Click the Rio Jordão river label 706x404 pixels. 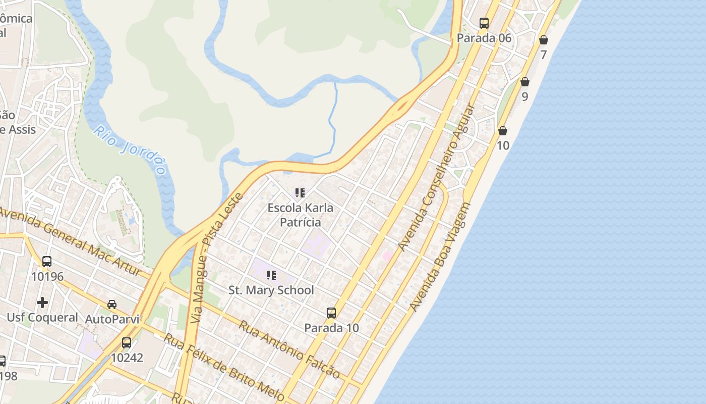[130, 150]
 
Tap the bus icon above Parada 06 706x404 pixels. [484, 23]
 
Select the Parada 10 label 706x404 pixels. [331, 328]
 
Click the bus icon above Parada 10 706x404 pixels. [331, 313]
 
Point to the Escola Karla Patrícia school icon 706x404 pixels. [300, 193]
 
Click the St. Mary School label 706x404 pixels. [271, 290]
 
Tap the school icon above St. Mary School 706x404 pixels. [271, 275]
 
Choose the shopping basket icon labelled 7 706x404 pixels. [543, 40]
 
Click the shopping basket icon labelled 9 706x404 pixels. [525, 82]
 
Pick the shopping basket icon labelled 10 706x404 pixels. [503, 131]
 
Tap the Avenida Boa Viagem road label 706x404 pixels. [440, 257]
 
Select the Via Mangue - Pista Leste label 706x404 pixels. [217, 258]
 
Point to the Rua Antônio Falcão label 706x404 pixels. [289, 349]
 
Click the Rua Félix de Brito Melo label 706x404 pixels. [224, 368]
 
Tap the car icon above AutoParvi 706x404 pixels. [112, 305]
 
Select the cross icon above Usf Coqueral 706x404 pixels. [42, 302]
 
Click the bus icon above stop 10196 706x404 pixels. [47, 262]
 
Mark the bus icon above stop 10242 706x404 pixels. [127, 343]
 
